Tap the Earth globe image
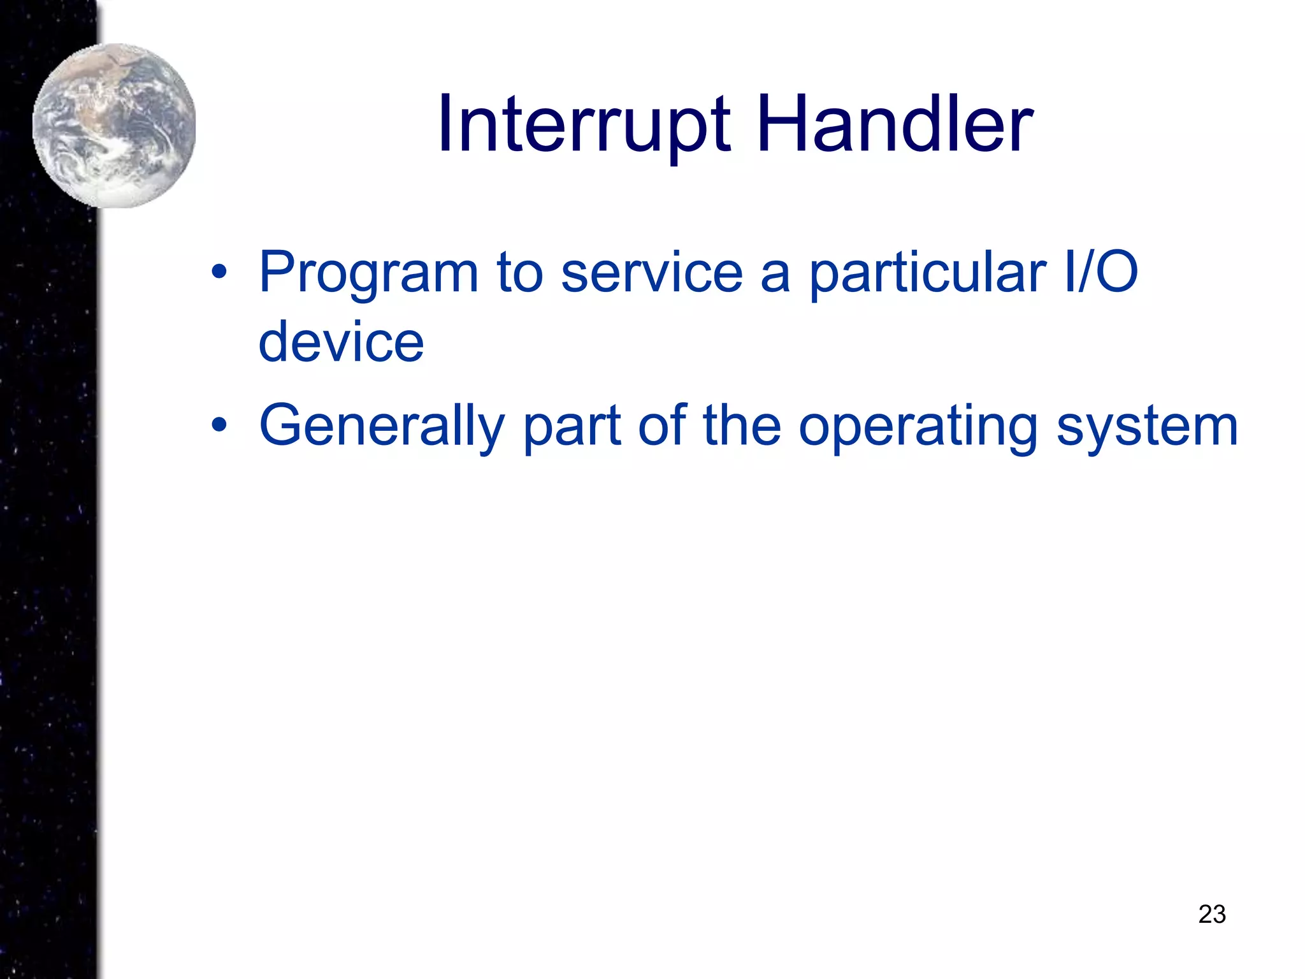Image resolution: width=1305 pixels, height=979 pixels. (x=115, y=126)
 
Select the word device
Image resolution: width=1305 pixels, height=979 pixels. (x=341, y=343)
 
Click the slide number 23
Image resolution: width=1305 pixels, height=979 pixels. (x=1211, y=914)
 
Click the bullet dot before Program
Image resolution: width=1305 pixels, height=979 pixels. (x=219, y=273)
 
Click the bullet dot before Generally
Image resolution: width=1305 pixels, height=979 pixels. (x=219, y=425)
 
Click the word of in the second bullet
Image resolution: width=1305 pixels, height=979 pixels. (x=661, y=426)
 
